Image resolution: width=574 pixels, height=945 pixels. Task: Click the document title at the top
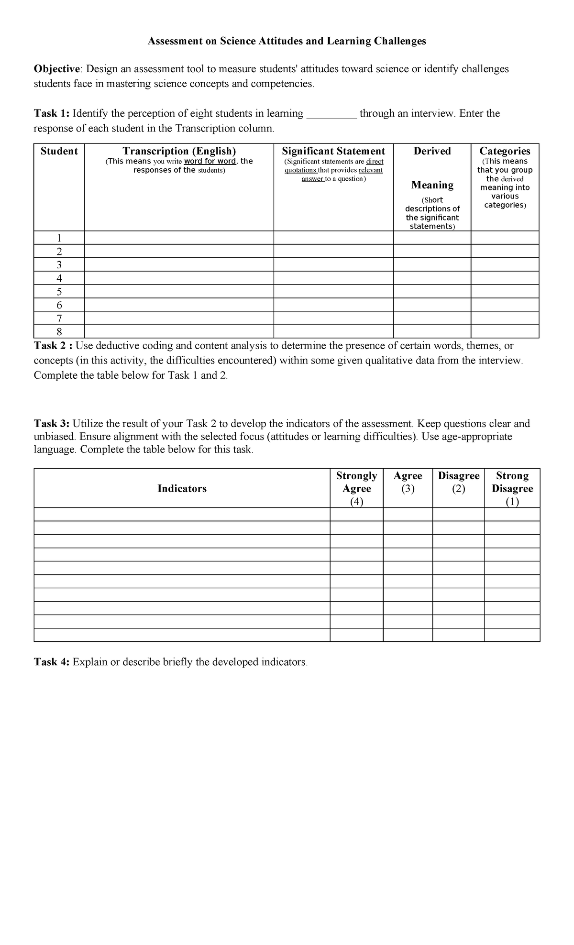point(287,41)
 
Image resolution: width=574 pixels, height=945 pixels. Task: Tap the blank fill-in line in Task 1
point(331,114)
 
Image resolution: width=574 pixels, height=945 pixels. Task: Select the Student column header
point(59,151)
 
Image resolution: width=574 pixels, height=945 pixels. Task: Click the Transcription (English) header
point(179,151)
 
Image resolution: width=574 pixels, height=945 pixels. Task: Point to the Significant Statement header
point(333,151)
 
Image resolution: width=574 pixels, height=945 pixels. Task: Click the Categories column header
point(505,151)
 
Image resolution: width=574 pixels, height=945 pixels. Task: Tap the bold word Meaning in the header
point(432,185)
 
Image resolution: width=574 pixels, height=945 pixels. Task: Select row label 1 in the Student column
point(59,238)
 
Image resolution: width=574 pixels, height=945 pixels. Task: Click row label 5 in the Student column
point(59,292)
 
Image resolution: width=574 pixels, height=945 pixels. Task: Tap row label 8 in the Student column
point(59,332)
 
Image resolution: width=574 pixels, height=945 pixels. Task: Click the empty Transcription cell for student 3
point(179,265)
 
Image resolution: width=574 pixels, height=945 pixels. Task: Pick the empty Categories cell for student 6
point(505,305)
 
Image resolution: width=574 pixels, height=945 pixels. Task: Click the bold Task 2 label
point(53,346)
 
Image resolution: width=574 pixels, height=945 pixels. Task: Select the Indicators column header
point(182,488)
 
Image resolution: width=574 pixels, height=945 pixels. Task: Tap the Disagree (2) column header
point(458,482)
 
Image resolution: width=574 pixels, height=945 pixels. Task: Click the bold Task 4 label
point(52,662)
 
